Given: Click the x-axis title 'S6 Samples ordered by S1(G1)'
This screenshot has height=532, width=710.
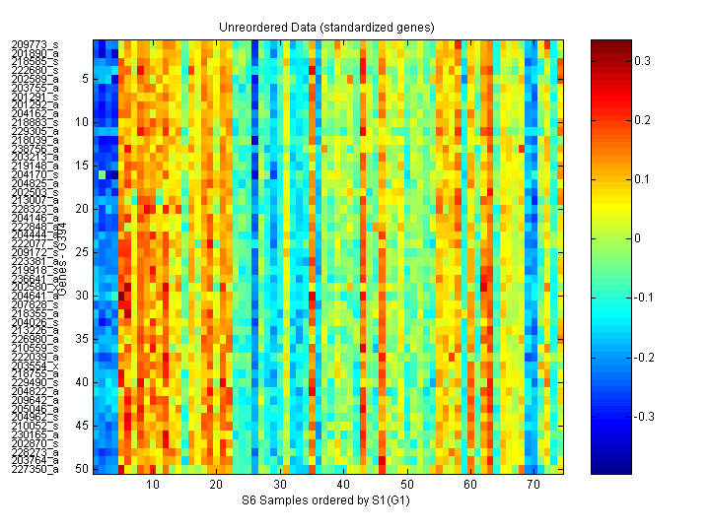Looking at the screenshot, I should click(329, 500).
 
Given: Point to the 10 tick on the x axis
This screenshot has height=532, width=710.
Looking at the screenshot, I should click(153, 486).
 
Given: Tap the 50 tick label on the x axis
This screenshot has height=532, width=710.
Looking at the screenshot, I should click(406, 486).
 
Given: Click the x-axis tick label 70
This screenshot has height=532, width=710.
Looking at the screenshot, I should click(533, 486).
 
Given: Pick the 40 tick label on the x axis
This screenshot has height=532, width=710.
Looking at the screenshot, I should click(343, 486).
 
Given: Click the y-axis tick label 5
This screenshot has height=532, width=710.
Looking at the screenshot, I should click(85, 79).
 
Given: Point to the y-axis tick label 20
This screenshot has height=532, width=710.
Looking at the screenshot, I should click(82, 209).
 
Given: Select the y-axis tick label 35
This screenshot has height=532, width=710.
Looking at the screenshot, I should click(82, 339).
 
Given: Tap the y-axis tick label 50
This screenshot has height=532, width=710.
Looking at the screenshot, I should click(82, 469).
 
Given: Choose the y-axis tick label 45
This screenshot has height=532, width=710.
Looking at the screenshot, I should click(82, 426).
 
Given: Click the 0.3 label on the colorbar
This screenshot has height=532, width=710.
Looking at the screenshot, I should click(642, 61).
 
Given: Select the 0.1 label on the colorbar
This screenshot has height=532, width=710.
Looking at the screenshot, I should click(642, 179).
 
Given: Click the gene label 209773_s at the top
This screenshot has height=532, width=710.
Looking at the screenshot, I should click(35, 44).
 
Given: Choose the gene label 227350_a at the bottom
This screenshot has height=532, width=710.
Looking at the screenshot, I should click(35, 469).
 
